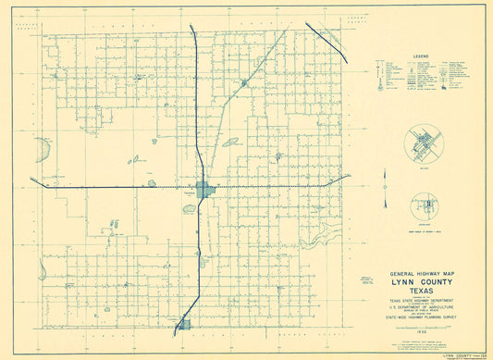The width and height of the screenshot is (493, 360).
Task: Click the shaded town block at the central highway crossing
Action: [x=205, y=190]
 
